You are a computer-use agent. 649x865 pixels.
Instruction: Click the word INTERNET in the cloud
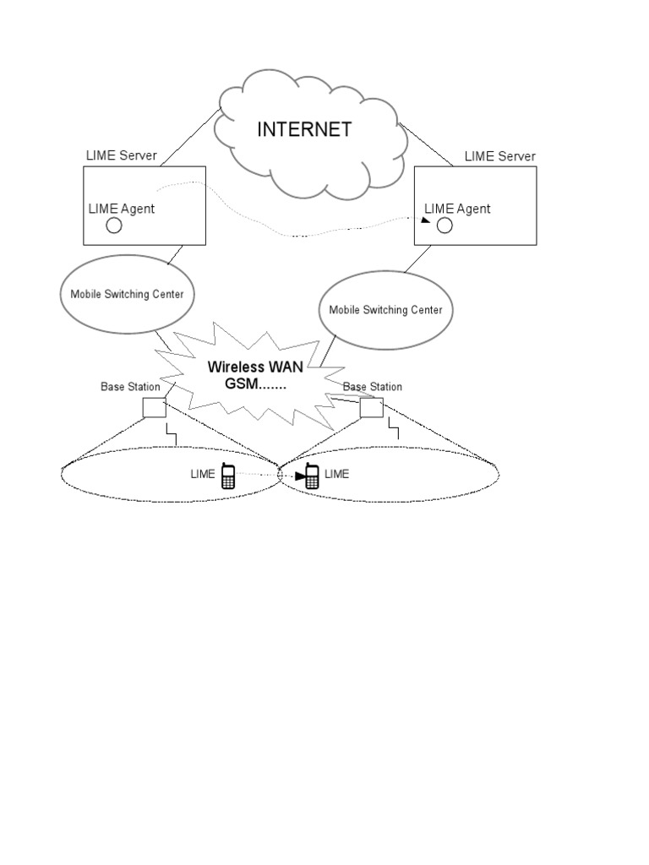(303, 129)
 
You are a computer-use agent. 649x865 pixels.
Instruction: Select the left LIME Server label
(122, 156)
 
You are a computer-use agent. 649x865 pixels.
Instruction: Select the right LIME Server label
(499, 156)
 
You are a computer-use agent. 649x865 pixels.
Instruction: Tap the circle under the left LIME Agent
(113, 226)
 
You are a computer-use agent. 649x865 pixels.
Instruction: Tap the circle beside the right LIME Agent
(444, 225)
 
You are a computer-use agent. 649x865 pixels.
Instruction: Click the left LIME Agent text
(122, 209)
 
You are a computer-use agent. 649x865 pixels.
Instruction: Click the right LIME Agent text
(457, 209)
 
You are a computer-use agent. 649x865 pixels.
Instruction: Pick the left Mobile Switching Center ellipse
(128, 294)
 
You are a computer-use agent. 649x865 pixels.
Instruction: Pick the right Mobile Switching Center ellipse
(385, 310)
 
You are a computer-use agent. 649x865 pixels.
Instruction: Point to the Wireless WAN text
(255, 368)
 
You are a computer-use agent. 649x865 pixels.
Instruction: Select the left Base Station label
(130, 387)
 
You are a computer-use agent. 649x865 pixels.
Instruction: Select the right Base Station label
(373, 387)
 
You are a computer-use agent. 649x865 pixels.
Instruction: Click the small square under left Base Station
(155, 407)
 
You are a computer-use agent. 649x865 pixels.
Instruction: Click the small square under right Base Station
(372, 407)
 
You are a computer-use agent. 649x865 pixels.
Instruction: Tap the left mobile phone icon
(227, 476)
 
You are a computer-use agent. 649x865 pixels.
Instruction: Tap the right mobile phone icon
(312, 476)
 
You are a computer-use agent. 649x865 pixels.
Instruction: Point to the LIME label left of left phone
(203, 475)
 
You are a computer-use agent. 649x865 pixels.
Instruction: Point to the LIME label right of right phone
(336, 475)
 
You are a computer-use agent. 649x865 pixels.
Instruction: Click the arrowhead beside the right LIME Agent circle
(425, 220)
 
